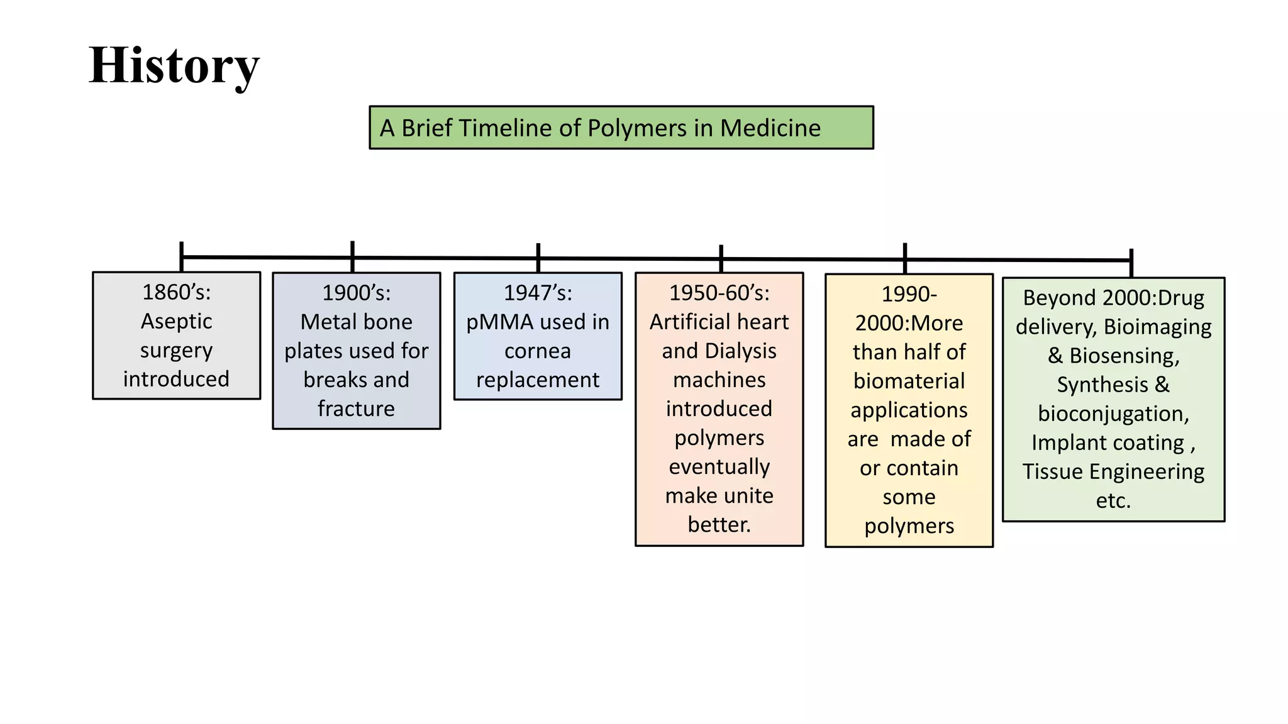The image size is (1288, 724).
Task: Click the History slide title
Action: click(174, 65)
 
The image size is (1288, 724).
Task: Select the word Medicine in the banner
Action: click(770, 128)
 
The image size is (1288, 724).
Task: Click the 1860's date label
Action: click(176, 292)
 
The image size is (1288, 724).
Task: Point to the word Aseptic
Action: click(176, 321)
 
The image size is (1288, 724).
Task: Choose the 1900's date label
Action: click(356, 293)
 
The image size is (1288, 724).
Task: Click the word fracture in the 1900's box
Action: click(356, 409)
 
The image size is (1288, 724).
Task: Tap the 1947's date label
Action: click(538, 293)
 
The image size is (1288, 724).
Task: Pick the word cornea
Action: click(538, 351)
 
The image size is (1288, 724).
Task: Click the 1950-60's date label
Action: click(719, 293)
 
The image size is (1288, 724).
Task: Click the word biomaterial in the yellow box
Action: click(909, 381)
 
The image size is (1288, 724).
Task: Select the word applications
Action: click(909, 410)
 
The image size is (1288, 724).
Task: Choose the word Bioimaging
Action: click(1157, 327)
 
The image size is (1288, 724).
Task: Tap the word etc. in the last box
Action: click(1113, 500)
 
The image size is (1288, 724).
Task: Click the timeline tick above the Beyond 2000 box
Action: click(1131, 263)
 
